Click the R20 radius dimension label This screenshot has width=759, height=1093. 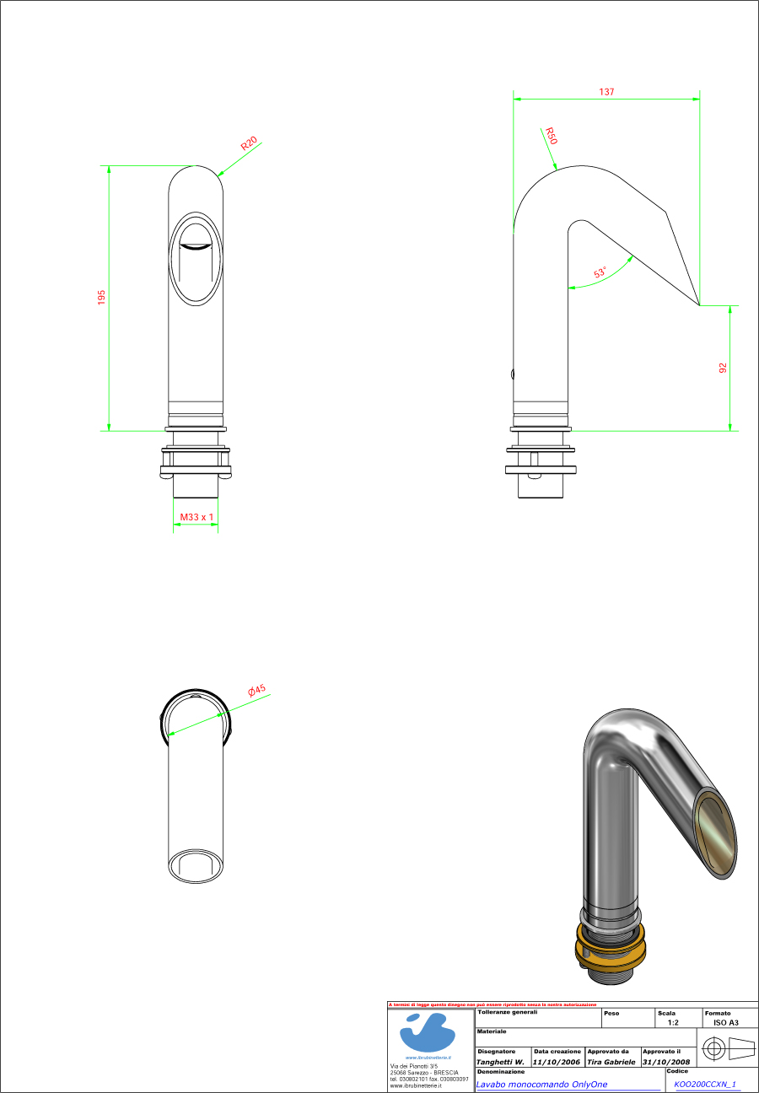pos(249,143)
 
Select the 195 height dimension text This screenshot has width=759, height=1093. pos(101,297)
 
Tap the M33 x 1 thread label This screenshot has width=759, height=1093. pos(196,516)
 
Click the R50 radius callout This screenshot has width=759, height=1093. pos(550,137)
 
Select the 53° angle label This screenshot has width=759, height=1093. pos(600,273)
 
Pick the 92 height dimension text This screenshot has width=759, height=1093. pos(723,368)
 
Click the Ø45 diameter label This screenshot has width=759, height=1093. pos(256,691)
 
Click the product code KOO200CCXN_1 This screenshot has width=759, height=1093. pos(705,1085)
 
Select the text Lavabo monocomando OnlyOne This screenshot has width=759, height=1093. pos(541,1085)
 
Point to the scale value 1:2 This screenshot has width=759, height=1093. pos(672,1021)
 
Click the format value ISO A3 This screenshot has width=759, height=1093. pos(725,1021)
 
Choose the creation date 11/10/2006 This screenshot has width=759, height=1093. pos(557,1062)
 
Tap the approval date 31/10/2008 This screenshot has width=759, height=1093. pos(666,1062)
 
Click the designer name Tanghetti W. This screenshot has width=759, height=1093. pos(501,1062)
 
